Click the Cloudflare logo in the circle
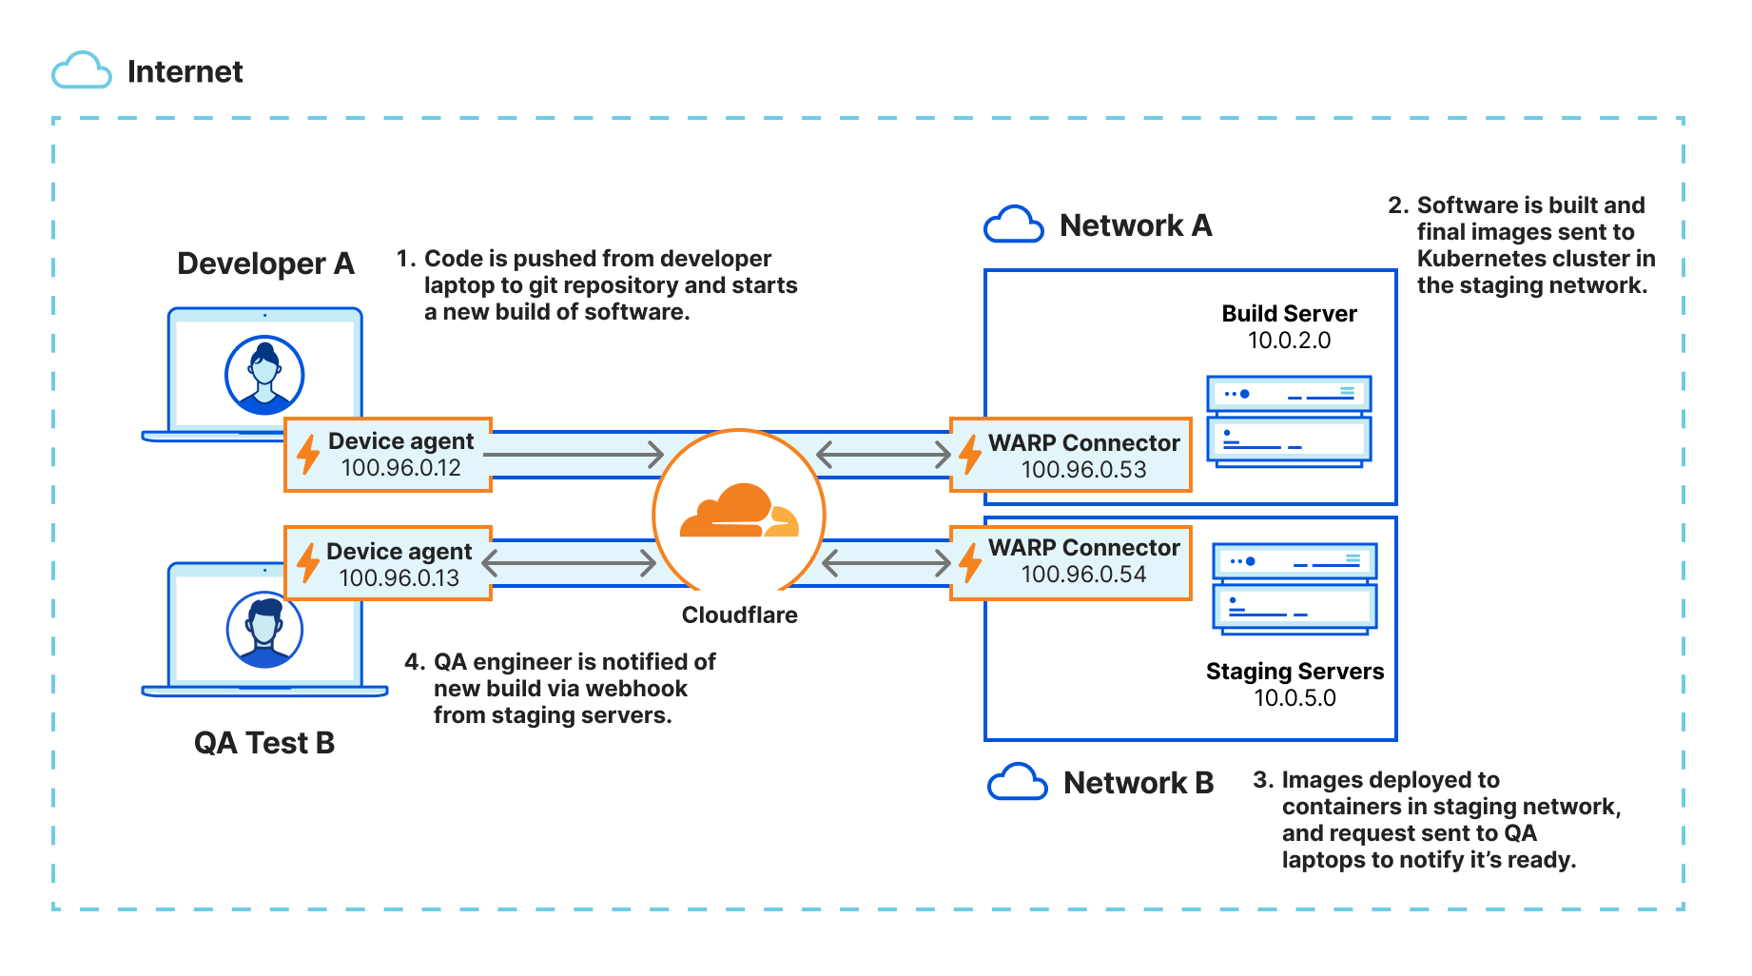739,512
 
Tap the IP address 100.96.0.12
400,468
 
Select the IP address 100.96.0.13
399,578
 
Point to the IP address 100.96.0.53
1083,470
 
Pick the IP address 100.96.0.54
1083,575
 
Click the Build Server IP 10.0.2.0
1289,341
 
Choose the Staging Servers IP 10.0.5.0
1295,698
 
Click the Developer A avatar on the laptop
264,375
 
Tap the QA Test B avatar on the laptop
264,630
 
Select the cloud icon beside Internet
82,71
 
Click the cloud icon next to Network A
1013,225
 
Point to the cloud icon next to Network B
1017,783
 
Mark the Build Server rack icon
1289,420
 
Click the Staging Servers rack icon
1295,587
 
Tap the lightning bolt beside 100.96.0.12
308,455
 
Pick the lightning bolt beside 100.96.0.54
970,561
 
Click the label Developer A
265,264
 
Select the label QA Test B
264,743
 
